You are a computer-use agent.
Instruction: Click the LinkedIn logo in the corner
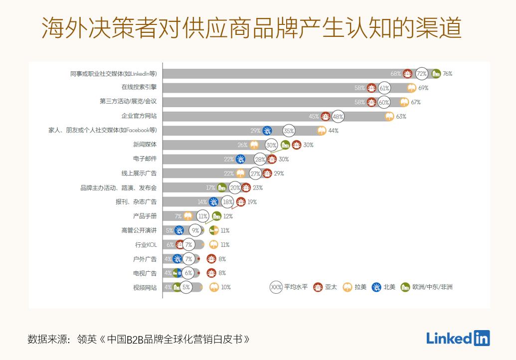(458, 338)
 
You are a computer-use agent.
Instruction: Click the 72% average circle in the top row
(422, 74)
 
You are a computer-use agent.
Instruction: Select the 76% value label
(447, 74)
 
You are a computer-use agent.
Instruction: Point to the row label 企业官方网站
(139, 116)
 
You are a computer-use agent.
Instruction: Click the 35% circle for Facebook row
(289, 131)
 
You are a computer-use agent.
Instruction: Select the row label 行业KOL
(146, 245)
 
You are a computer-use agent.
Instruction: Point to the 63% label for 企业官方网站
(401, 117)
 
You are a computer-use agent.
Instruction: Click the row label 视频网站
(145, 288)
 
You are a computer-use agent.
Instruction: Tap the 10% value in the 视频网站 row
(226, 287)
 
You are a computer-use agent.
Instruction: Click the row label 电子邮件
(145, 159)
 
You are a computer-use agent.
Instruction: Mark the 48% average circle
(338, 117)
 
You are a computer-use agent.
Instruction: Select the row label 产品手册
(145, 216)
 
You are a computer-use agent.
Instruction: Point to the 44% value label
(333, 131)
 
